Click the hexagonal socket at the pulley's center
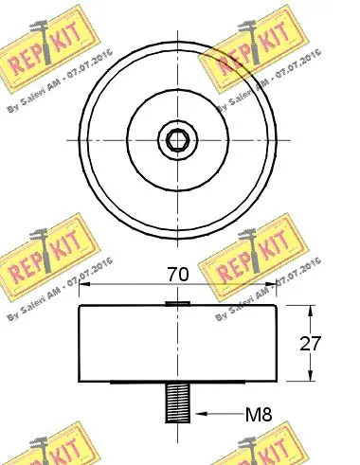tap(178, 141)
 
